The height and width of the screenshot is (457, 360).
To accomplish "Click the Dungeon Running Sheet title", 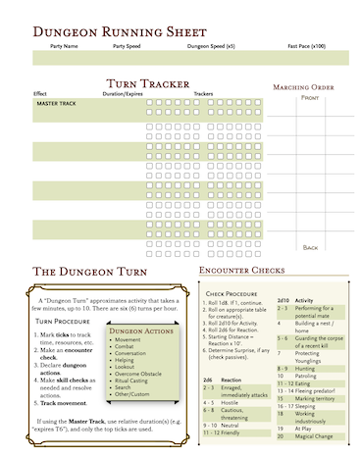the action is click(120, 32).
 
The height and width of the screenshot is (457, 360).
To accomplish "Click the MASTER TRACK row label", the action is click(57, 102).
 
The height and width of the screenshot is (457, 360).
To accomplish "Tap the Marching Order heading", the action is click(308, 87).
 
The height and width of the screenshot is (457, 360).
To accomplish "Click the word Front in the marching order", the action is click(309, 98).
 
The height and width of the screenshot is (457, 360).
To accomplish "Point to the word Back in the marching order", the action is click(310, 247).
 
